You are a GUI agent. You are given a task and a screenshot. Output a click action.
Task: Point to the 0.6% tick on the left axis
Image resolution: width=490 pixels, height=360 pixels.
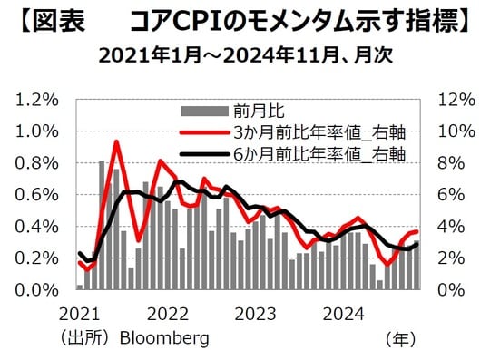click(x=38, y=194)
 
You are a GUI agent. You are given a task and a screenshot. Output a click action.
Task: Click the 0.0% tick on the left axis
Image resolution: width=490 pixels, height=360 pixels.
click(x=38, y=290)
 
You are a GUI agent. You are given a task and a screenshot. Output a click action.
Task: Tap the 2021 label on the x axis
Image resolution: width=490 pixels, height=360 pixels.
click(x=79, y=315)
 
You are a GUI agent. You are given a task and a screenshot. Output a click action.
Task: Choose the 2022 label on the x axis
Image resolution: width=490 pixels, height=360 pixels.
click(x=168, y=315)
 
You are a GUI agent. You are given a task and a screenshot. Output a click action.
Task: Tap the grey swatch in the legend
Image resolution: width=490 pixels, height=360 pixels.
click(x=204, y=112)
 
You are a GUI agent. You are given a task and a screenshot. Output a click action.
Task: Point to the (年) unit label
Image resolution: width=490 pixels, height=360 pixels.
click(x=400, y=338)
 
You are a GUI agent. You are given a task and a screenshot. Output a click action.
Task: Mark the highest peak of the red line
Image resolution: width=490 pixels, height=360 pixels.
click(x=116, y=141)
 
